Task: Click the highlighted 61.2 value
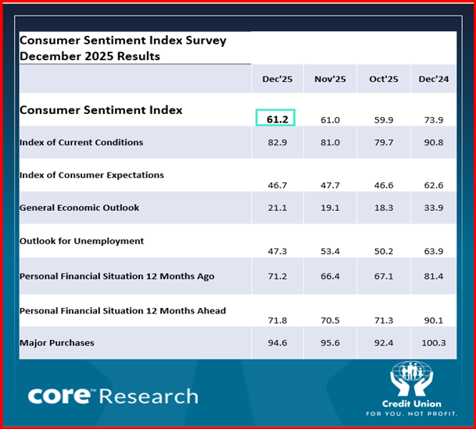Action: [x=275, y=118]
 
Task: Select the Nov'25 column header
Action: [x=330, y=79]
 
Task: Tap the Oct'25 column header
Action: [x=383, y=79]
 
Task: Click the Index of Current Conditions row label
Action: [x=81, y=142]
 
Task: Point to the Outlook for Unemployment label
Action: [x=81, y=241]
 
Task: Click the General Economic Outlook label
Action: [x=79, y=208]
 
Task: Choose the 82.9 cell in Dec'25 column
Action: [x=275, y=143]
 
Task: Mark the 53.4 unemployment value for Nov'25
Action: [x=330, y=252]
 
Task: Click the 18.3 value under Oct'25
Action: [x=383, y=209]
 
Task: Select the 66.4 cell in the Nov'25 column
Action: [x=330, y=277]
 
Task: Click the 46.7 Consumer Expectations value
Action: [x=275, y=185]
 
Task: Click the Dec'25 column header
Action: [x=276, y=79]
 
